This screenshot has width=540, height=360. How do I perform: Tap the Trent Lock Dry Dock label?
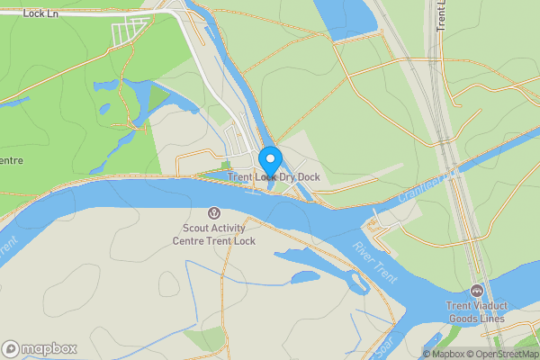tap(274, 177)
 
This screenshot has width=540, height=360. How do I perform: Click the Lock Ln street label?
tap(40, 13)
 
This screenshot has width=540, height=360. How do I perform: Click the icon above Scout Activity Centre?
tap(214, 213)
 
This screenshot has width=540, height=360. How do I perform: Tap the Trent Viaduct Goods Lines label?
tap(476, 312)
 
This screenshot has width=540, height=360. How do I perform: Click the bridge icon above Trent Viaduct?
tap(476, 291)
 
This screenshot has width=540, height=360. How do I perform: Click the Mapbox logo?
tap(39, 348)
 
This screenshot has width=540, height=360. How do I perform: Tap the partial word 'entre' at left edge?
tap(11, 161)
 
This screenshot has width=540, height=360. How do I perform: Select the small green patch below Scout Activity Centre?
tap(203, 337)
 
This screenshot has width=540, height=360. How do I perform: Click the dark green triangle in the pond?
tap(158, 95)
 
